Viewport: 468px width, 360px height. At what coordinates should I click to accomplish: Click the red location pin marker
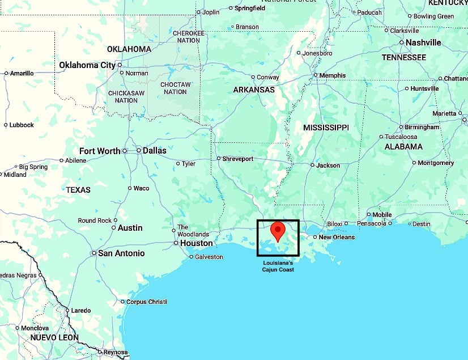point(278,231)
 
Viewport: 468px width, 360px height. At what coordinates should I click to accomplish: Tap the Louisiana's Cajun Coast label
point(278,266)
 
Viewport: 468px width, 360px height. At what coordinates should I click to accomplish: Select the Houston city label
point(197,243)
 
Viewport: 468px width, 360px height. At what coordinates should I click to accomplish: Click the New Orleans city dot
point(314,237)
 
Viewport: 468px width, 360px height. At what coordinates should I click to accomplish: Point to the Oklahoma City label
point(87,65)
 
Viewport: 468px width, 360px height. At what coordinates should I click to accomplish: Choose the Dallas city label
point(155,151)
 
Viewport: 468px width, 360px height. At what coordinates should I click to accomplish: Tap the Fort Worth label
point(100,151)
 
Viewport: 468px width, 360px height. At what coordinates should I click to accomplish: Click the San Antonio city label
point(121,253)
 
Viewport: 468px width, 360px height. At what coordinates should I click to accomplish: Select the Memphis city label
point(333,75)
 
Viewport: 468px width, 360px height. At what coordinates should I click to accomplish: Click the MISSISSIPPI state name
point(325,128)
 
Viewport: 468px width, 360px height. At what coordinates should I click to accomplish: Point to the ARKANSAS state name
point(254,90)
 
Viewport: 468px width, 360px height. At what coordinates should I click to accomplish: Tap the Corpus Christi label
point(146,302)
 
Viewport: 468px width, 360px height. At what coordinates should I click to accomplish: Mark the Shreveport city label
point(237,159)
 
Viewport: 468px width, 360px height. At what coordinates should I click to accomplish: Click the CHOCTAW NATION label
point(176,88)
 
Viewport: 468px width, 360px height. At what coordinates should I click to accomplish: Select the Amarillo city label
point(22,73)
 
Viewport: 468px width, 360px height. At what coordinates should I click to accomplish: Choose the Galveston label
point(209,257)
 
